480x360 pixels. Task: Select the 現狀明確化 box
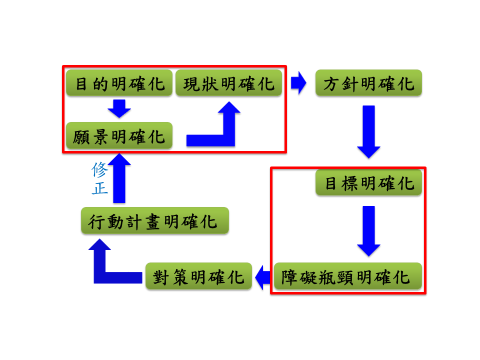click(x=229, y=83)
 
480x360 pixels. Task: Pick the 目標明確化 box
click(x=369, y=184)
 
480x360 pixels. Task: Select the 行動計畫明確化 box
click(x=155, y=221)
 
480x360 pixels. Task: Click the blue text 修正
click(x=98, y=177)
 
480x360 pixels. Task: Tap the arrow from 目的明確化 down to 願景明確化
click(x=119, y=108)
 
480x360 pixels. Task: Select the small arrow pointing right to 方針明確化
click(x=298, y=83)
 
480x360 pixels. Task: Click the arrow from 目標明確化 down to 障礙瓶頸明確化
click(x=369, y=230)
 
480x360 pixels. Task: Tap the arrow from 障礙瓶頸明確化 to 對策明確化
click(x=260, y=275)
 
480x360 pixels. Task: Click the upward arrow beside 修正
click(x=119, y=178)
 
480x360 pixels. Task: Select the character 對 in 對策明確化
click(x=161, y=275)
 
